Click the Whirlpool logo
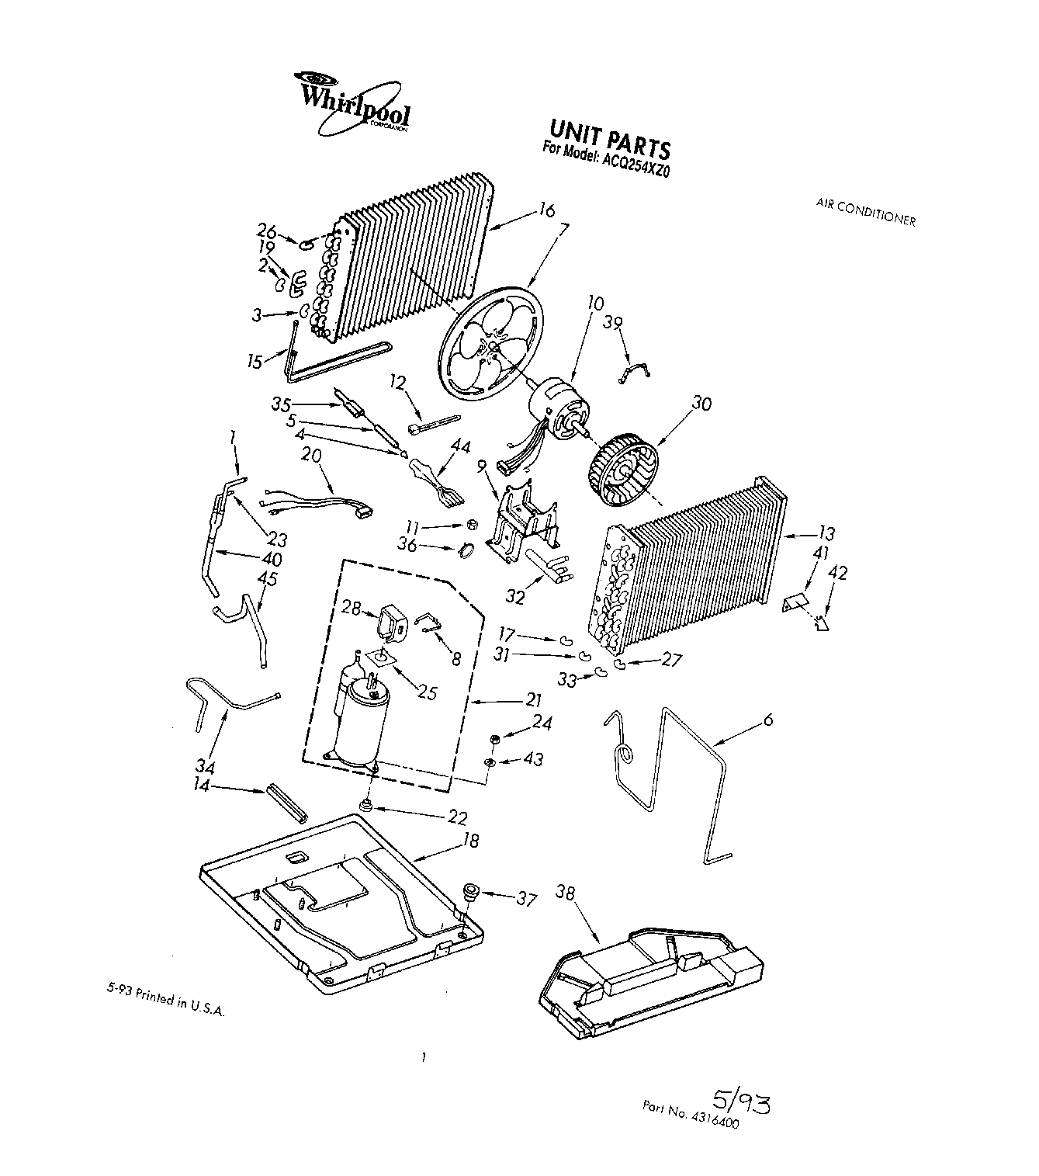tap(353, 106)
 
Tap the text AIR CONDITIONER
tap(865, 211)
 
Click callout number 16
tap(547, 210)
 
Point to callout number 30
tap(701, 404)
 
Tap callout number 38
tap(565, 892)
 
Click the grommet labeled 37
tap(469, 893)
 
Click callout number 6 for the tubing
tap(767, 720)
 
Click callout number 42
tap(838, 574)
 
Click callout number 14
tap(203, 785)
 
